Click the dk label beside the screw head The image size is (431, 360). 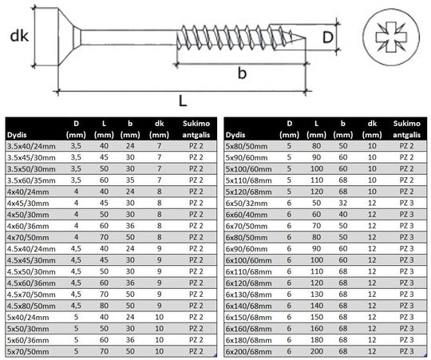pos(19,36)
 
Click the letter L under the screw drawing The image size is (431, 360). pos(183,101)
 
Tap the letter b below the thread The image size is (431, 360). pos(242,73)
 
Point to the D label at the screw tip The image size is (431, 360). pos(328,38)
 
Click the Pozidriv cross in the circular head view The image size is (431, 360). pos(391,37)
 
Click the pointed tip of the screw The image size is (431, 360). pos(305,38)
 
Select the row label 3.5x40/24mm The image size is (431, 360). pos(31,146)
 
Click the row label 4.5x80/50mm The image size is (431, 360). pos(31,306)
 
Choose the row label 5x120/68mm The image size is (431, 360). pos(248,192)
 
